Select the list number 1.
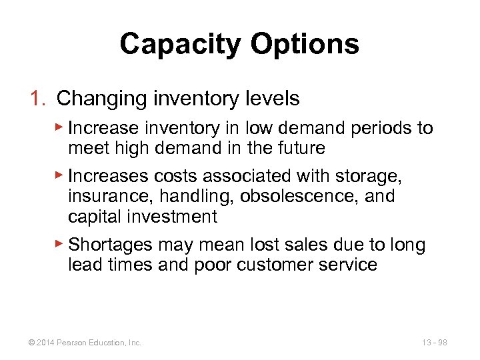pyautogui.click(x=37, y=99)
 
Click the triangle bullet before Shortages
pyautogui.click(x=59, y=245)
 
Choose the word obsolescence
pyautogui.click(x=313, y=197)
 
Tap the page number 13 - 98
pyautogui.click(x=433, y=343)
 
